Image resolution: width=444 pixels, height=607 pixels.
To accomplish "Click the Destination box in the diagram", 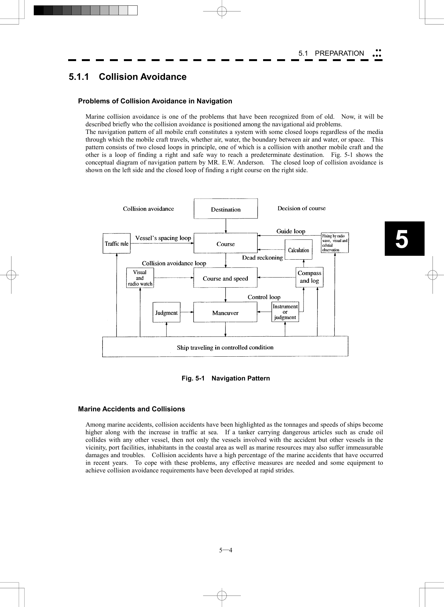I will (226, 209).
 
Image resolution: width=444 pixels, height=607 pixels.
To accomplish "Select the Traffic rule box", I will (117, 243).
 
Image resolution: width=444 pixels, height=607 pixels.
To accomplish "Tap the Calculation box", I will (298, 250).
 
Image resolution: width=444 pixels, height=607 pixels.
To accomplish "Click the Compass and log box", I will (309, 277).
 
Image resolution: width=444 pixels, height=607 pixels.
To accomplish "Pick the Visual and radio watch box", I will (140, 278).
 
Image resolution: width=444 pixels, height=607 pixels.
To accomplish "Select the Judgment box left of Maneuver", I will (166, 312).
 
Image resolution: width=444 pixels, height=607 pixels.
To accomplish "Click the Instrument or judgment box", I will (285, 312).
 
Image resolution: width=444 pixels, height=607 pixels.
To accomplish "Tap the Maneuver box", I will (225, 312).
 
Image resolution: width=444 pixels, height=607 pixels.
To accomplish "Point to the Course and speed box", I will (225, 278).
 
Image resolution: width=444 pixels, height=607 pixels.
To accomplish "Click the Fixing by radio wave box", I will (334, 243).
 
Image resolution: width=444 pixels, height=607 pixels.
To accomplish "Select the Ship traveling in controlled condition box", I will (225, 347).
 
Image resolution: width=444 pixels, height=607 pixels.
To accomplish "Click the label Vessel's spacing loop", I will (163, 238).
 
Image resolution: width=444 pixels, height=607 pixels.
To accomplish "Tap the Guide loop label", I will (290, 231).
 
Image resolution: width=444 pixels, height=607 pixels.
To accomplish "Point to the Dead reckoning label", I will (262, 258).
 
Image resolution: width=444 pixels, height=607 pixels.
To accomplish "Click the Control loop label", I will (264, 297).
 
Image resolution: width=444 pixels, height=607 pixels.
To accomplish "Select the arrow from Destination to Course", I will (226, 226).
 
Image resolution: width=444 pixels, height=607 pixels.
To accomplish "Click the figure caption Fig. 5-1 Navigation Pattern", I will (226, 378).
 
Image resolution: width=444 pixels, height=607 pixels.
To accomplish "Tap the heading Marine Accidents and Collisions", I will (132, 409).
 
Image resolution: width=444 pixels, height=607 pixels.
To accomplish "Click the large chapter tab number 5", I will (402, 239).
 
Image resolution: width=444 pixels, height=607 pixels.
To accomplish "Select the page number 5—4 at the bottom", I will (226, 550).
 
